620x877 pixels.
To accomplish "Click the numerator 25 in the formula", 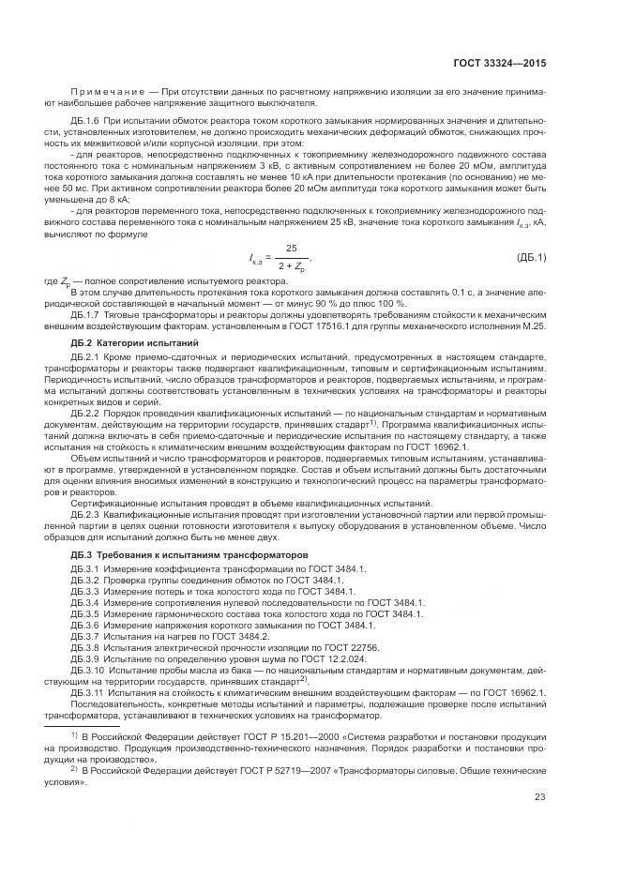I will pos(292,249).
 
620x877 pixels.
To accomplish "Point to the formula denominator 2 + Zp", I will pos(293,266).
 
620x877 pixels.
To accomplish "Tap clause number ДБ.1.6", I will pos(87,121).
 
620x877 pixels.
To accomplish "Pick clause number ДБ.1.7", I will pos(87,316).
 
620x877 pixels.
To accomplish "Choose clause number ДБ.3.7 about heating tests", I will pos(85,636).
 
